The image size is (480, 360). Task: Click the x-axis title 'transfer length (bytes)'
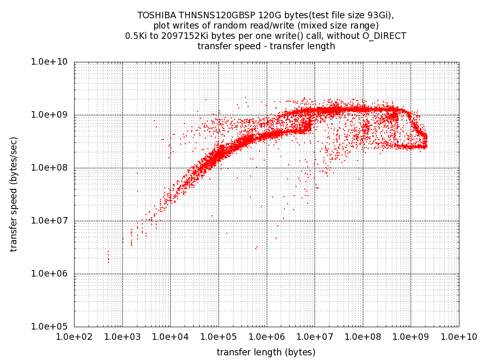(x=266, y=352)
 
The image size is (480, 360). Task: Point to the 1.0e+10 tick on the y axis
(x=51, y=62)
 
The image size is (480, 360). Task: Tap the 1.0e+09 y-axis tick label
(x=51, y=115)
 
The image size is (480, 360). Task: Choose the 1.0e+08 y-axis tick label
(x=51, y=168)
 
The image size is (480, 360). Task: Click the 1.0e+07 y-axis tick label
(x=51, y=221)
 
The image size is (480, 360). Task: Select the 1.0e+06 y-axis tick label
(x=51, y=274)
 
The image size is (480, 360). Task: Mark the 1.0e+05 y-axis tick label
(x=51, y=327)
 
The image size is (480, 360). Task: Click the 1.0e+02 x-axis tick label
(x=74, y=336)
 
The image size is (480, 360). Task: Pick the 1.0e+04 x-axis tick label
(x=170, y=336)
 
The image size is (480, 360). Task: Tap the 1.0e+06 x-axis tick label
(x=266, y=336)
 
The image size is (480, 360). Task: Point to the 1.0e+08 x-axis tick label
(x=362, y=336)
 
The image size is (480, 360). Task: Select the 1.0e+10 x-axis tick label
(x=458, y=336)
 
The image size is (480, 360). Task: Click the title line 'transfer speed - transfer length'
(x=266, y=46)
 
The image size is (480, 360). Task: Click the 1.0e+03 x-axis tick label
(x=122, y=336)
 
